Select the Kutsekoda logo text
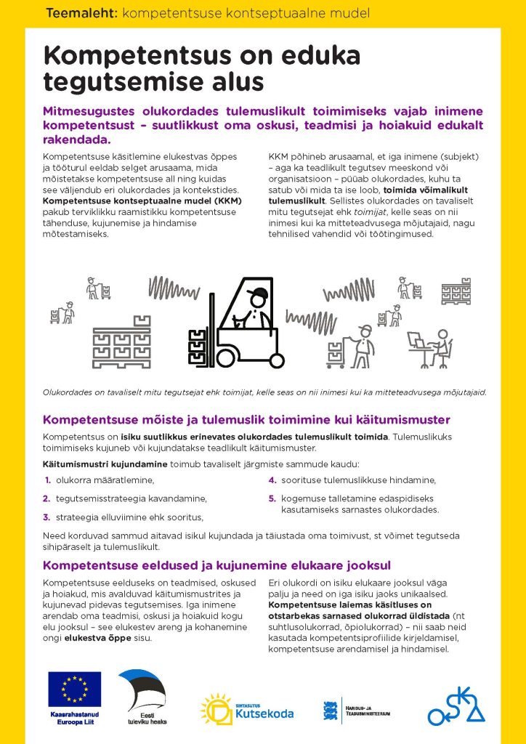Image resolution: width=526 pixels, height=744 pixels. [x=264, y=713]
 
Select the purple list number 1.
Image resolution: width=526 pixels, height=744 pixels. [x=47, y=480]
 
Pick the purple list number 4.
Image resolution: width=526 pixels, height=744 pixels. [x=272, y=480]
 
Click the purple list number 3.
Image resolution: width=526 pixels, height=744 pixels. [x=47, y=517]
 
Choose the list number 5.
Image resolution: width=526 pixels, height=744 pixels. [x=272, y=498]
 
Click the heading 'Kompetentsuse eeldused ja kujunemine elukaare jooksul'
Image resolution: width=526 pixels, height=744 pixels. [x=217, y=565]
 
